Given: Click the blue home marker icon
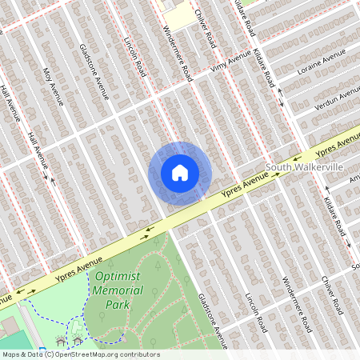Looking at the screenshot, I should [x=180, y=173].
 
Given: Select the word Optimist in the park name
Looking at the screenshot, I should [x=118, y=277].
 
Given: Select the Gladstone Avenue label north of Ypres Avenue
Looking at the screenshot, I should [x=94, y=73].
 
